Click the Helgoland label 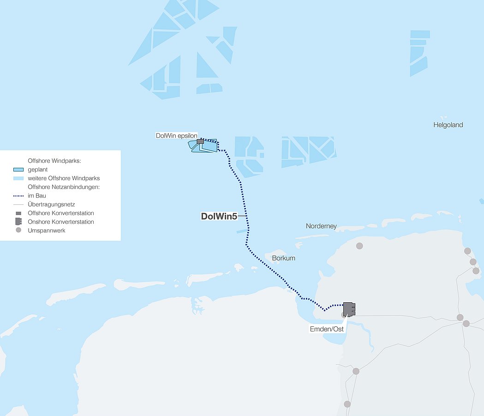(448, 125)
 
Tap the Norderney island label (321, 226)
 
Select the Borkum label (283, 258)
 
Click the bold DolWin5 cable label (219, 216)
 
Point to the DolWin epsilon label (176, 135)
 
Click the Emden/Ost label (326, 329)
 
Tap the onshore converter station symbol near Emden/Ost (349, 309)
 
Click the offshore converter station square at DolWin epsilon (200, 141)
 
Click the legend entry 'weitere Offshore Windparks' (64, 178)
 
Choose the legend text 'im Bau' (36, 196)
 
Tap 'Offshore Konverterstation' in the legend (60, 213)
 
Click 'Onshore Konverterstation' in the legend (60, 222)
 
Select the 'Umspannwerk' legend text (46, 231)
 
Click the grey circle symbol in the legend (18, 230)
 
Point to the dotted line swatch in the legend (18, 196)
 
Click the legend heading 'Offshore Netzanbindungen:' (64, 187)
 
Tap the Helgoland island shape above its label (443, 118)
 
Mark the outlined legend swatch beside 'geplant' (18, 170)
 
